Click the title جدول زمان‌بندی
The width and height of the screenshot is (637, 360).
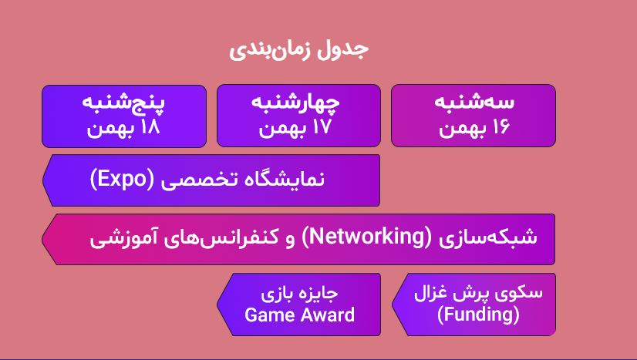(298, 49)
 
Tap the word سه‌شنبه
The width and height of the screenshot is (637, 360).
(474, 102)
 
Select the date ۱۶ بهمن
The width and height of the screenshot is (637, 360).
(474, 128)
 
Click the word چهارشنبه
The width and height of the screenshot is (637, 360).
(295, 103)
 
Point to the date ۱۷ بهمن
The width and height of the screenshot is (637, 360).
(295, 128)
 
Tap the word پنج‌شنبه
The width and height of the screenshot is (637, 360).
(123, 102)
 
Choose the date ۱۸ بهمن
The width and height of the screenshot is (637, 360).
(123, 128)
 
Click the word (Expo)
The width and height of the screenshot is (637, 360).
(123, 179)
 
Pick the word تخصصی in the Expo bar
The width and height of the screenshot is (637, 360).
(199, 180)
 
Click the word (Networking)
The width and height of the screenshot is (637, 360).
(366, 237)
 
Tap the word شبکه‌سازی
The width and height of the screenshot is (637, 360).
(488, 237)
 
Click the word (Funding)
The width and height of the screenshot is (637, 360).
(478, 315)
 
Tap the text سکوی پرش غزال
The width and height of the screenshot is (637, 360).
(478, 293)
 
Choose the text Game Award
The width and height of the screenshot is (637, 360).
(299, 315)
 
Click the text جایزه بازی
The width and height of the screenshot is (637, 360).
(299, 294)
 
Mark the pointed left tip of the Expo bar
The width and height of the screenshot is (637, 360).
(42, 180)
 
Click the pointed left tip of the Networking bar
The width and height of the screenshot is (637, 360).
(42, 239)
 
